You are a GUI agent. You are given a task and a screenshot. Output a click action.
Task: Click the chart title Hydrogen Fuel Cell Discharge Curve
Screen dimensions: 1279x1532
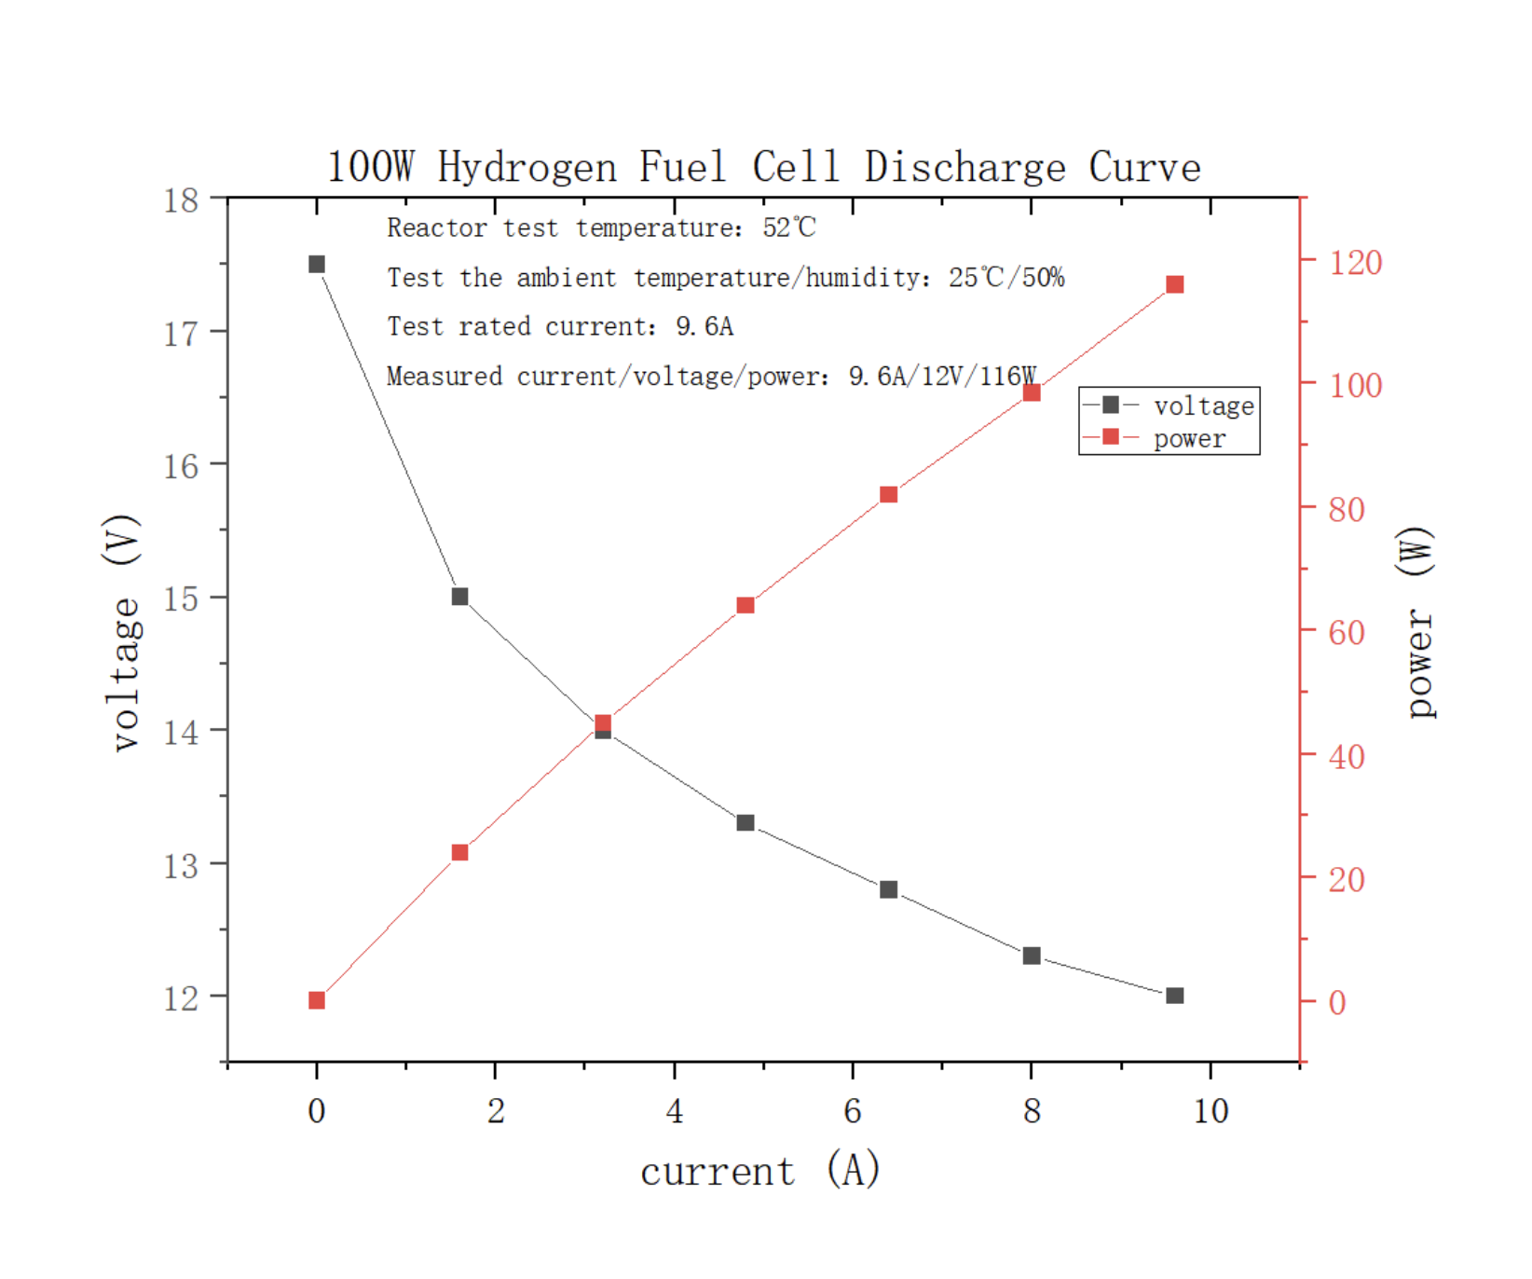(763, 168)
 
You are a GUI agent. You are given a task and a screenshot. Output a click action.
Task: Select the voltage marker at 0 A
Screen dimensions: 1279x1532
(317, 265)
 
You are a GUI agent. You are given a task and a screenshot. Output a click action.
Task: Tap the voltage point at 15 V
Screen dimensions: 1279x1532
(459, 597)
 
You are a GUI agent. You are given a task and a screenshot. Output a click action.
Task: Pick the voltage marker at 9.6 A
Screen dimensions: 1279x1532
(1175, 996)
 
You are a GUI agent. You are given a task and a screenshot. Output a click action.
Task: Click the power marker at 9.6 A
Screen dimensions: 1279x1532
(1175, 284)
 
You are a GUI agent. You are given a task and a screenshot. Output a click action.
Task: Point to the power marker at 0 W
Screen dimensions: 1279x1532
(317, 1000)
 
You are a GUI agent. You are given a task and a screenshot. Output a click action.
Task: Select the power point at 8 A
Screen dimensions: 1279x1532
(1032, 392)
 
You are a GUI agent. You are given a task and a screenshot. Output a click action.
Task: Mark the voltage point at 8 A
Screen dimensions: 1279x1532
(1032, 956)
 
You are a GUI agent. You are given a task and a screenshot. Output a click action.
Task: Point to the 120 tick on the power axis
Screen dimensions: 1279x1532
(1355, 262)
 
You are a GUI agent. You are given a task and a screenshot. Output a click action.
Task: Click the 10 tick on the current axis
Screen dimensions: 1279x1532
(1211, 1110)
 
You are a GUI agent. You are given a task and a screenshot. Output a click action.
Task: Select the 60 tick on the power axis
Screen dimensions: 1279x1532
(1347, 633)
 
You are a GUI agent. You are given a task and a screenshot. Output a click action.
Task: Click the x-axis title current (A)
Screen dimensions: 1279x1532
(760, 1171)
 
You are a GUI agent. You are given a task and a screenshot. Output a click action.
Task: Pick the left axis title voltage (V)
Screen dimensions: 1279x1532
(123, 632)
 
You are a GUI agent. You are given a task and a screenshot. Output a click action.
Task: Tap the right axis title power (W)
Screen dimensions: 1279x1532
(1416, 623)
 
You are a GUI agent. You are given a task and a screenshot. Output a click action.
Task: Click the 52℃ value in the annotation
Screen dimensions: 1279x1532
(788, 227)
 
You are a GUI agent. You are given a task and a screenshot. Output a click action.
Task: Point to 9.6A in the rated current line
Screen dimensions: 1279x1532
(704, 326)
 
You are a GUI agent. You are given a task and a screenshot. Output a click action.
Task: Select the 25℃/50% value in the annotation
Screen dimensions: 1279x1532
(1006, 277)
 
